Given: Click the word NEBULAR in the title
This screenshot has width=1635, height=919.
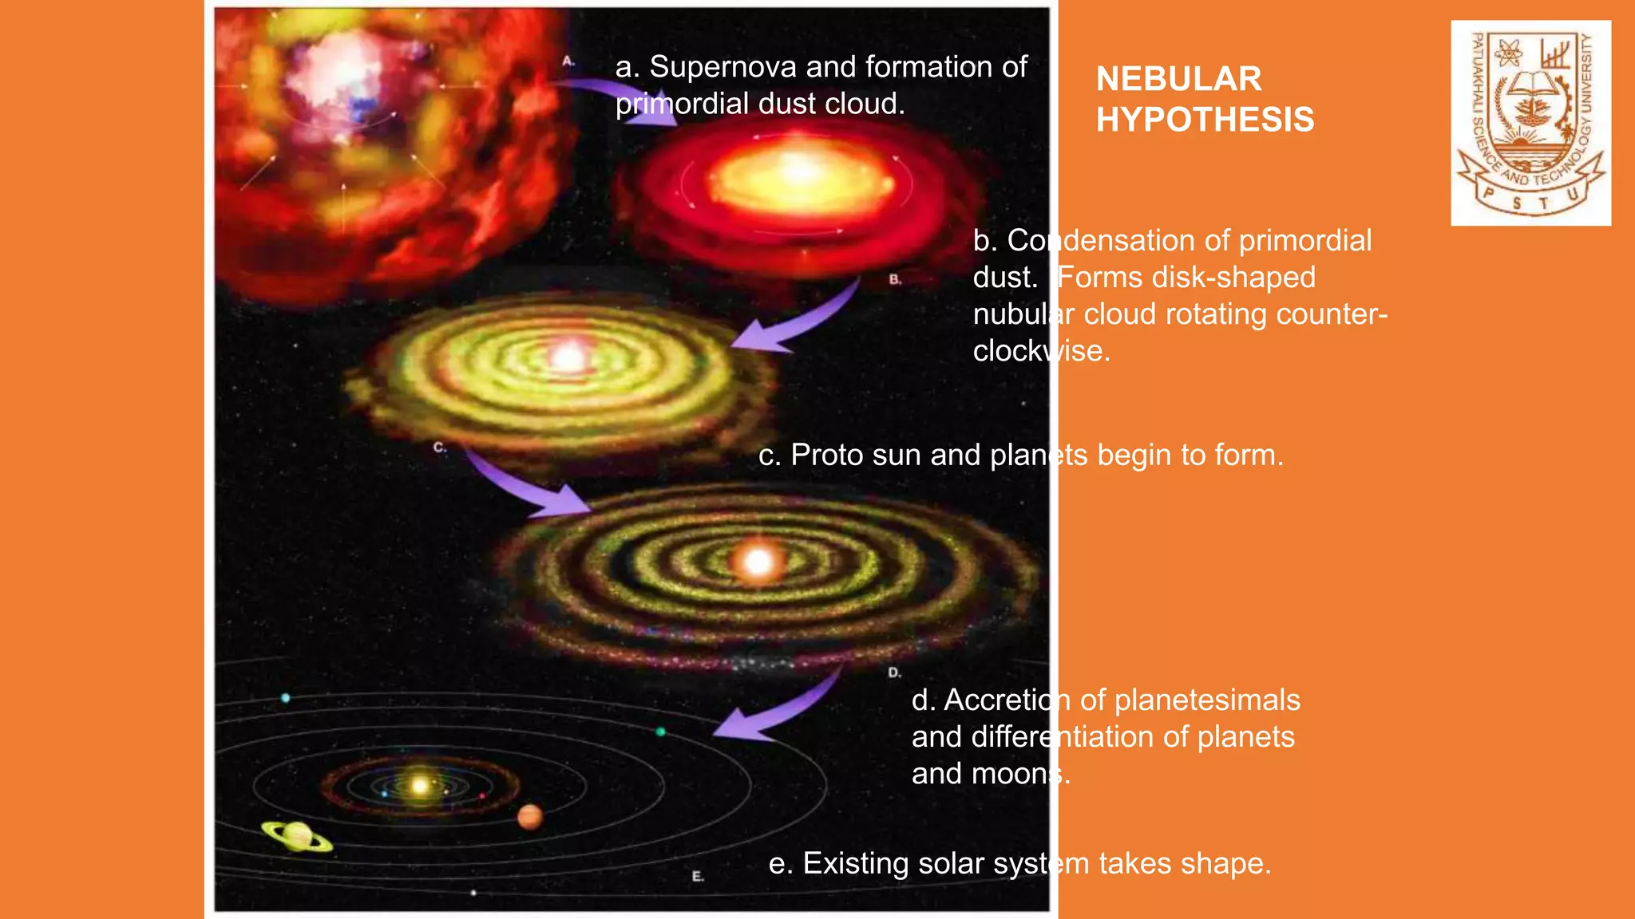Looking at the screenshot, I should [1178, 79].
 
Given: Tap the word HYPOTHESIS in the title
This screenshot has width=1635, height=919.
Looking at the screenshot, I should [1205, 120].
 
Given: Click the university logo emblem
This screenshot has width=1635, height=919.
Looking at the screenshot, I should [1530, 123].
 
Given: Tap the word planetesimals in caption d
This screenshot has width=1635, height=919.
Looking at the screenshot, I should [1207, 700].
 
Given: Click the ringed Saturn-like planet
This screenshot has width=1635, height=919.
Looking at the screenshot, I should [297, 836].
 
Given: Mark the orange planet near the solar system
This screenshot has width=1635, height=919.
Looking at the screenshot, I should [529, 817].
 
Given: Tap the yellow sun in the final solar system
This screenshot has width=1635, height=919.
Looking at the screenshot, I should [420, 786].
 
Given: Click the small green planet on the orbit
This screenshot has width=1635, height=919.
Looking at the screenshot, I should [660, 732].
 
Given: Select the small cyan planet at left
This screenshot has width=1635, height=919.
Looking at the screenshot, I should [285, 698].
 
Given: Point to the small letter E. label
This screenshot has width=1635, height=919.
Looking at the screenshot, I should [698, 876].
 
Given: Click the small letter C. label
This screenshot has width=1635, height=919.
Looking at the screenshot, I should [439, 448].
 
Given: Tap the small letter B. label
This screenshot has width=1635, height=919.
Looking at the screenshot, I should [895, 279].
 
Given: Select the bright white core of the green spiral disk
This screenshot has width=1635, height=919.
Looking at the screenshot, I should [568, 358].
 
